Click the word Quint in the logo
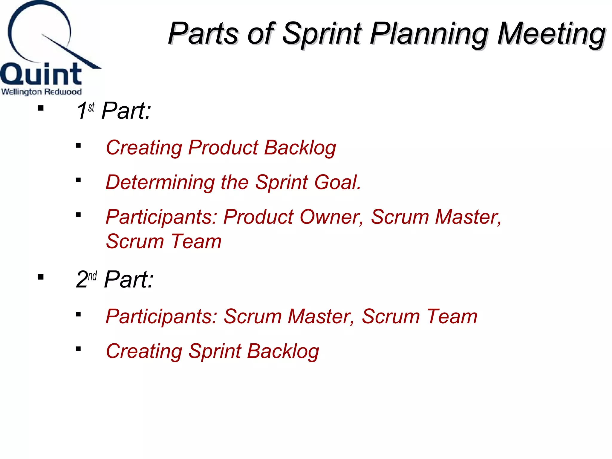click(41, 74)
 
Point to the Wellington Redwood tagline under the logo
click(41, 92)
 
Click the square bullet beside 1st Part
click(41, 108)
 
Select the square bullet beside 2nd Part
click(41, 277)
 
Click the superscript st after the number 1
click(91, 107)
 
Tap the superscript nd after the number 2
click(92, 276)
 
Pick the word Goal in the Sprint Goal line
click(337, 182)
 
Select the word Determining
click(160, 182)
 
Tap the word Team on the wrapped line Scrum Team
click(196, 241)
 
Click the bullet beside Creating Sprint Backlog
click(78, 349)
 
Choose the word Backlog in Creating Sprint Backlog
click(283, 351)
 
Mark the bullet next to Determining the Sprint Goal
click(78, 180)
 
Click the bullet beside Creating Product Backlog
click(78, 146)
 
